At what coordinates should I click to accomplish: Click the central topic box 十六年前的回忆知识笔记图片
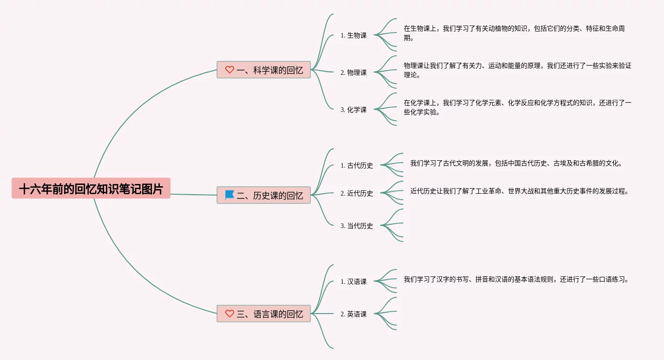pos(91,189)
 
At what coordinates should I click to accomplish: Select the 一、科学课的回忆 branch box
pos(263,70)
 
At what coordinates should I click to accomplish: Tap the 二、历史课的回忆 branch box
pos(263,195)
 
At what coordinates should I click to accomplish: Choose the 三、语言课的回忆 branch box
pos(263,314)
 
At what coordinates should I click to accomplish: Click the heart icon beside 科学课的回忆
pos(230,70)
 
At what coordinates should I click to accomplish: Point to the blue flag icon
pos(230,195)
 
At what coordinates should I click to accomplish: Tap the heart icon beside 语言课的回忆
pos(230,313)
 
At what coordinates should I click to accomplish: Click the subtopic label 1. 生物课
pos(353,35)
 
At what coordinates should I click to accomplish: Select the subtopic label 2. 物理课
pos(353,72)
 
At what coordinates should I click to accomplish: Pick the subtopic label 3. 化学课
pos(353,110)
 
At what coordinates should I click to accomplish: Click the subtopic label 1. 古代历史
pos(356,165)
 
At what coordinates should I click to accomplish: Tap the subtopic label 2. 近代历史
pos(356,193)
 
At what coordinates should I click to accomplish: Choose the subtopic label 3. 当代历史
pos(356,226)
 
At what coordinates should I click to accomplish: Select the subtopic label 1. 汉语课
pos(353,281)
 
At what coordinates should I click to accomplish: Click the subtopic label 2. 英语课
pos(353,314)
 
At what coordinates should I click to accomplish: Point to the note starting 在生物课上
pos(514,33)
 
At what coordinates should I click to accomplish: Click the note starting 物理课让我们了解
pos(517,70)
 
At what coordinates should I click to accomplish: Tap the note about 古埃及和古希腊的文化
pos(516,163)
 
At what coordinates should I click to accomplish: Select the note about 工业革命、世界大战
pos(519,191)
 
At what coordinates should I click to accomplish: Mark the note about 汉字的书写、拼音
pos(516,280)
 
